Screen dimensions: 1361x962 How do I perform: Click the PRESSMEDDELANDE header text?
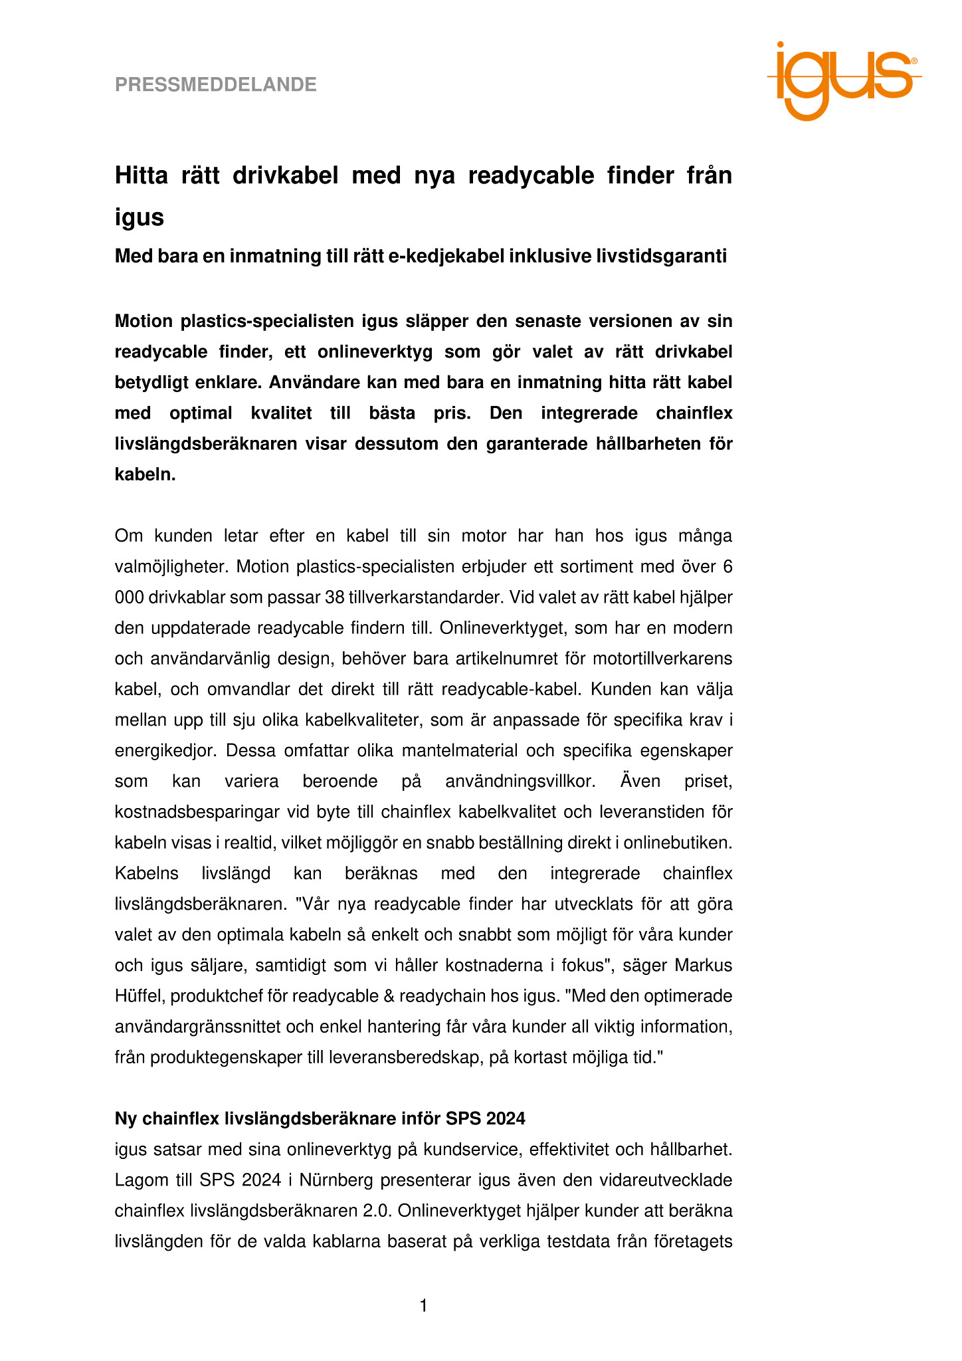(216, 84)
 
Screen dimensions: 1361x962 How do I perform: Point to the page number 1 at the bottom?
(423, 1307)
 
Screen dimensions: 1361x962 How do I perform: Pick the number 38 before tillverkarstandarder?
(334, 597)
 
